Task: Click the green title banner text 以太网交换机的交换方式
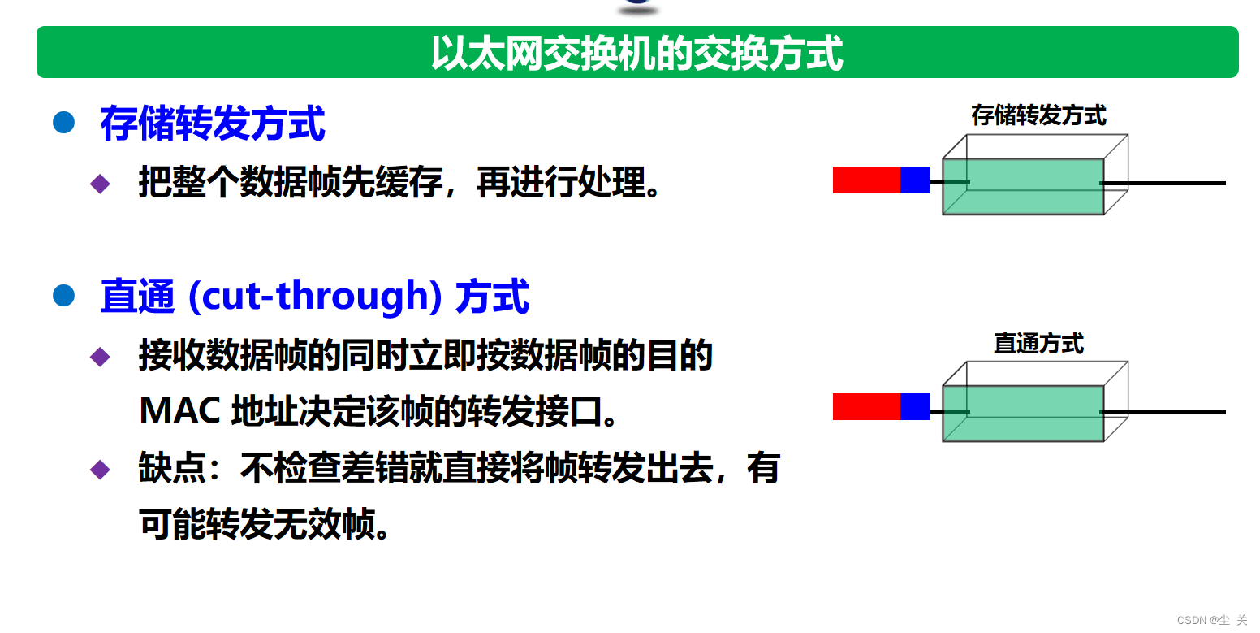[x=636, y=53]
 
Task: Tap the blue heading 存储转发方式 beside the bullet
[x=213, y=123]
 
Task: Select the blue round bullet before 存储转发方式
[x=63, y=122]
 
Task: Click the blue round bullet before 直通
[x=63, y=295]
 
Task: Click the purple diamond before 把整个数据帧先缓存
[x=100, y=184]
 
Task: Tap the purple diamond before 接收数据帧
[x=100, y=357]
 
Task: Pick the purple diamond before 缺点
[x=100, y=469]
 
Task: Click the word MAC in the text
[x=179, y=410]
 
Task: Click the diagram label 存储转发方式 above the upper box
[x=1038, y=115]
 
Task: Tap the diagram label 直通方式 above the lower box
[x=1038, y=344]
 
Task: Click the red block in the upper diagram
[x=866, y=180]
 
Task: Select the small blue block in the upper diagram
[x=915, y=180]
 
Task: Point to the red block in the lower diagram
[x=866, y=406]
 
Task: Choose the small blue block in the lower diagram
[x=915, y=406]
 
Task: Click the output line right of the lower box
[x=1163, y=412]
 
